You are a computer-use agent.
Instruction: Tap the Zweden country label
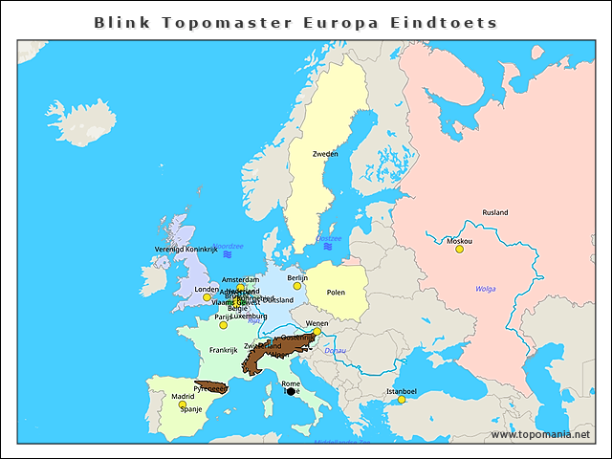tap(325, 153)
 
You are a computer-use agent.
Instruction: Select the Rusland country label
tap(495, 212)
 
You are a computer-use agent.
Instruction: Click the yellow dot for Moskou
tap(459, 250)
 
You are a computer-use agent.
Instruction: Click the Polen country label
tap(336, 293)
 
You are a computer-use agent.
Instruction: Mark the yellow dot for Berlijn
tap(297, 286)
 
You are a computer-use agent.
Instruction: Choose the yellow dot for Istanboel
tap(402, 400)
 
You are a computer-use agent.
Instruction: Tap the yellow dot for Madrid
tap(183, 404)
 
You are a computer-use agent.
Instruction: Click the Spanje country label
tap(191, 409)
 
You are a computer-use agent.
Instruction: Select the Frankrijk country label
tap(223, 350)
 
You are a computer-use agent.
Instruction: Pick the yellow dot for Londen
tap(207, 297)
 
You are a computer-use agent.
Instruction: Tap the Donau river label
tap(336, 351)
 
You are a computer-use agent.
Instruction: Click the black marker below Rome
tap(291, 391)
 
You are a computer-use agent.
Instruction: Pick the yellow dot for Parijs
tap(223, 325)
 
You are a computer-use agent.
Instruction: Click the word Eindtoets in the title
tap(451, 21)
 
